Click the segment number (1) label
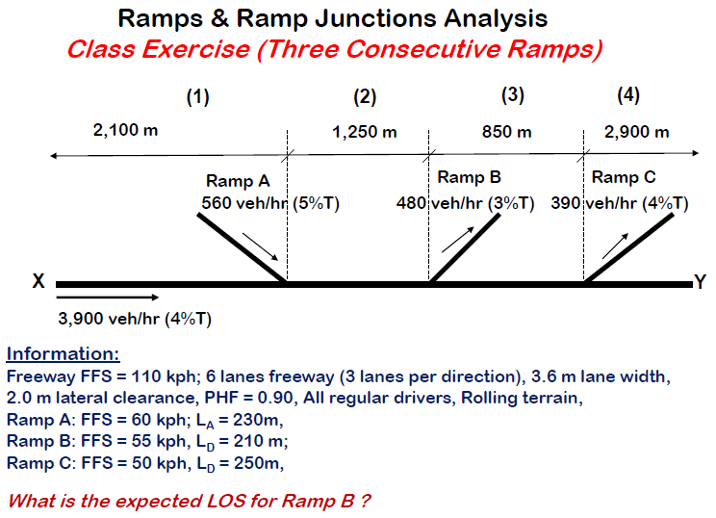[197, 96]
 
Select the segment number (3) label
[513, 94]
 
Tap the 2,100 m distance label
[125, 130]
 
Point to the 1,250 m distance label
[364, 132]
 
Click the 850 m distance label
[506, 132]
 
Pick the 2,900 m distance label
[636, 132]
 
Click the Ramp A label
[238, 181]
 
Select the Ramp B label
[469, 177]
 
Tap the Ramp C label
[624, 177]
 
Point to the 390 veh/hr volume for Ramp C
[590, 203]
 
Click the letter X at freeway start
[38, 282]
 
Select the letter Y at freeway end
[701, 282]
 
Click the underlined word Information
[63, 353]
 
